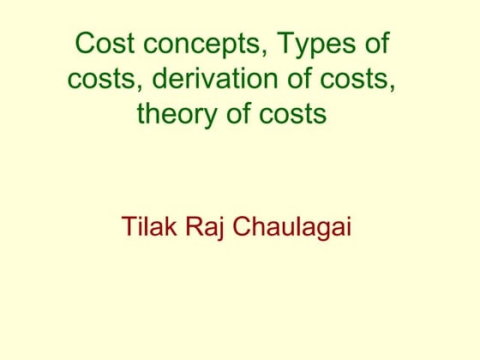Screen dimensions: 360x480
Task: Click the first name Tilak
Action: [x=148, y=229]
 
